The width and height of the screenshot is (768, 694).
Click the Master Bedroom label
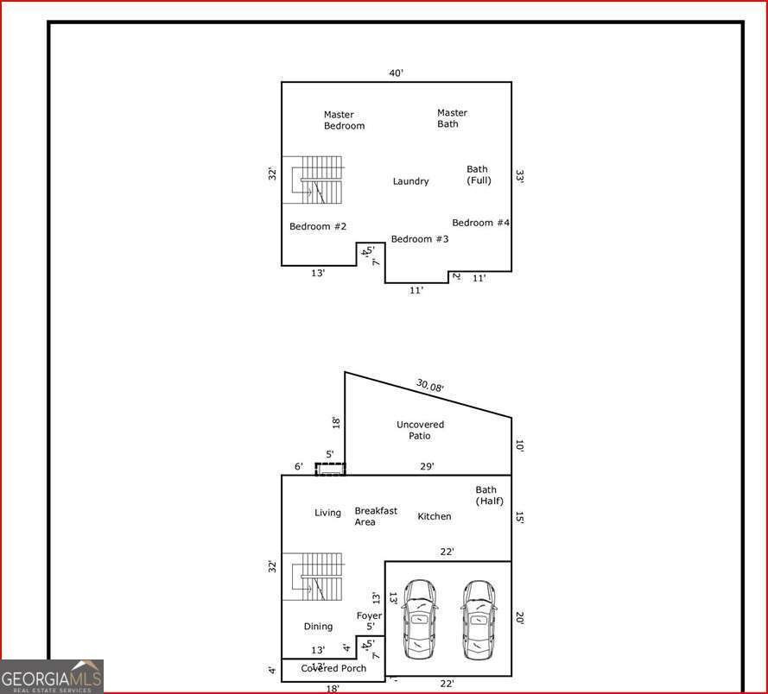[344, 120]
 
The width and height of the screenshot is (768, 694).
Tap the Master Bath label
[452, 118]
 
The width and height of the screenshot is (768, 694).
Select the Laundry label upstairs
[410, 181]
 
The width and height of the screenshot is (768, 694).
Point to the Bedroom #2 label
[318, 226]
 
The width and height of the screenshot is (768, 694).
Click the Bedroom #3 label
[420, 239]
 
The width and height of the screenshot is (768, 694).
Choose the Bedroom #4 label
[480, 223]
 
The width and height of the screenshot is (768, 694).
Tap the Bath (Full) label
[479, 174]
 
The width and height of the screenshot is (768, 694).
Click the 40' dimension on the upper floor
[396, 73]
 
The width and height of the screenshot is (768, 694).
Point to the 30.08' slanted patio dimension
[429, 386]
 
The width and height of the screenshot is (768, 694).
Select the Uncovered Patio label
[420, 430]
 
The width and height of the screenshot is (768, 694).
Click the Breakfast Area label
[376, 516]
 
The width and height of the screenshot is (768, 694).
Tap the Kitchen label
[435, 516]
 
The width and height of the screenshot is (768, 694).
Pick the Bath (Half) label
[489, 495]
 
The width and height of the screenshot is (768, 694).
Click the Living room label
[327, 513]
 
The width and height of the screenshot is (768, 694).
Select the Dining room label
[318, 627]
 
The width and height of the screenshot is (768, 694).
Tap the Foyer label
[369, 615]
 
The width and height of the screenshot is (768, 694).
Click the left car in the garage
[419, 619]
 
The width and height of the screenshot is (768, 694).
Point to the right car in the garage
[478, 619]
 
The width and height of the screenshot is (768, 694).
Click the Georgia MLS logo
[52, 676]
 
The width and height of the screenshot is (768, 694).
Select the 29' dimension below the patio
[427, 466]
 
